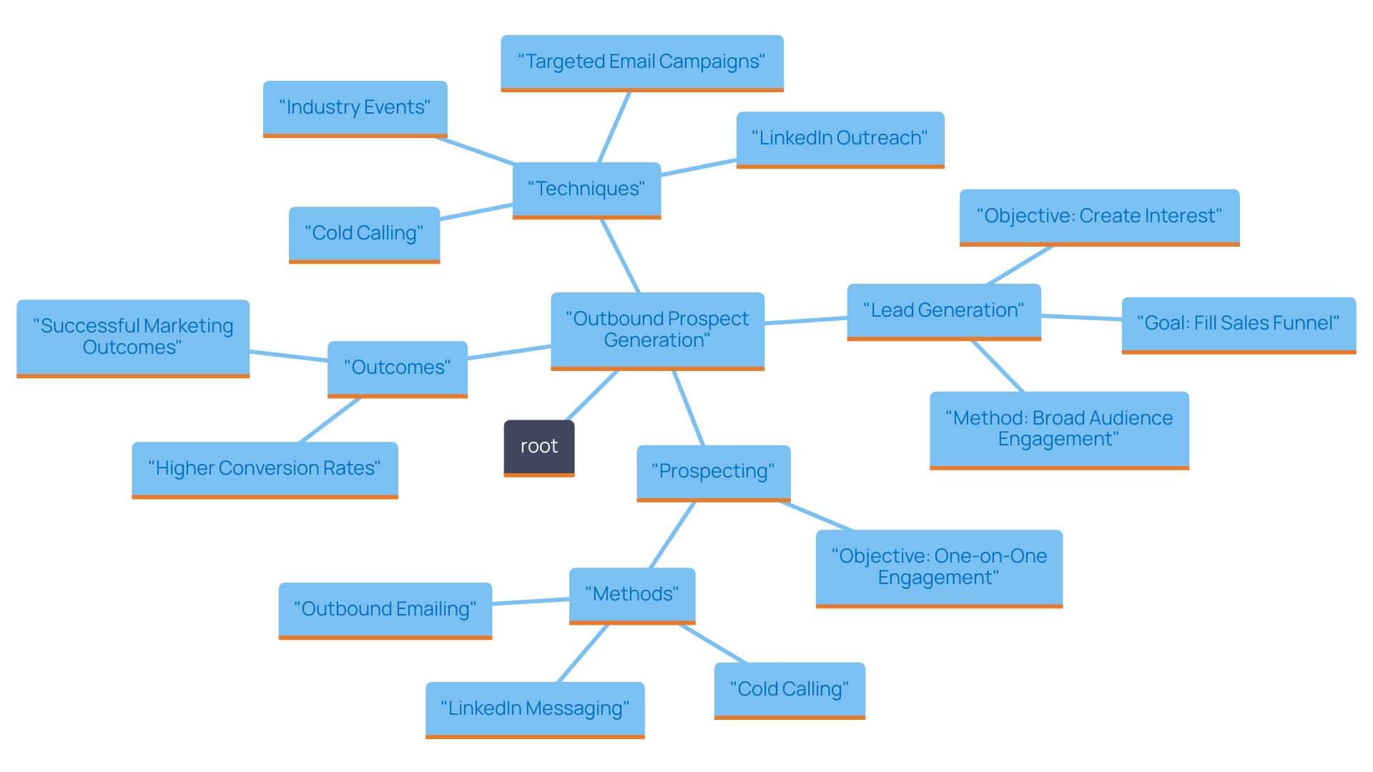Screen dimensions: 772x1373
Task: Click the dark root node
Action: (538, 447)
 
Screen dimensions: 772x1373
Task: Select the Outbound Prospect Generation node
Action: (657, 330)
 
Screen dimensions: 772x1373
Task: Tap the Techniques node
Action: (586, 189)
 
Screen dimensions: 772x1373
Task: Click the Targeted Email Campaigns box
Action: (641, 61)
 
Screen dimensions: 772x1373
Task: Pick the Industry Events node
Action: (355, 107)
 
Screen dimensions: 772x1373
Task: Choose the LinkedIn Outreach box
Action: (840, 138)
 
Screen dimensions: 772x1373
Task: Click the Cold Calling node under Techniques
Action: (364, 233)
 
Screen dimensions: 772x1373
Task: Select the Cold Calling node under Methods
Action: (789, 689)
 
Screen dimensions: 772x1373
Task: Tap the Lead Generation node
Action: (943, 310)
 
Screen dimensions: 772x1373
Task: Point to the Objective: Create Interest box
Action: (1099, 216)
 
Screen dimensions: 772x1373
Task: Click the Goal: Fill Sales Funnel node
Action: (1238, 323)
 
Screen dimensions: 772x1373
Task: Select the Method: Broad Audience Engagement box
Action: (1058, 428)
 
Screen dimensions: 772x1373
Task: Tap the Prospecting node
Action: (713, 471)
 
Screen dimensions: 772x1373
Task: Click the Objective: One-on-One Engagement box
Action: (938, 567)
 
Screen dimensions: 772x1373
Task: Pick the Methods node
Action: (631, 594)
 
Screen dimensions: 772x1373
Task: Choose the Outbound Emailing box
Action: (385, 609)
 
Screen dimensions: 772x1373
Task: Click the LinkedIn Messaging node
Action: (534, 708)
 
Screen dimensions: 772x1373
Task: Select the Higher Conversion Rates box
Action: (264, 468)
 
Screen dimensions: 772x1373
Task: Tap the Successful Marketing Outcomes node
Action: (132, 337)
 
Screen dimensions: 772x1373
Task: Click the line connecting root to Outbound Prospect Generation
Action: (592, 395)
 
